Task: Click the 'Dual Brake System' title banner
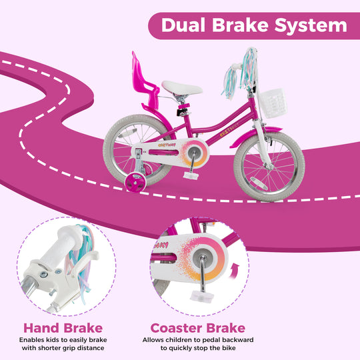(x=253, y=25)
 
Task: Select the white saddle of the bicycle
(x=181, y=87)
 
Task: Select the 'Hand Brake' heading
(x=63, y=327)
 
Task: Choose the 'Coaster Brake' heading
(x=197, y=327)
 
